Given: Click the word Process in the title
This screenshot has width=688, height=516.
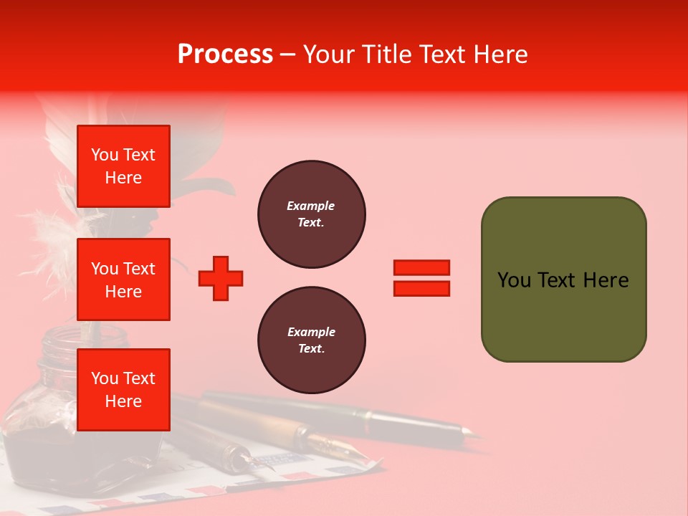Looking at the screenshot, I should click(x=225, y=54).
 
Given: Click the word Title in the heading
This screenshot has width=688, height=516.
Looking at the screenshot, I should click(x=385, y=54).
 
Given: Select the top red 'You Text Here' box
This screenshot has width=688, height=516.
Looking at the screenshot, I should click(x=123, y=166).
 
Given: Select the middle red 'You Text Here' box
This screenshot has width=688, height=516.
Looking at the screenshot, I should click(x=123, y=279).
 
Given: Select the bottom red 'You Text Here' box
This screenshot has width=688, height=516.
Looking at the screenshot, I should click(x=123, y=389).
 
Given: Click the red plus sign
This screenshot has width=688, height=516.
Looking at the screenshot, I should click(x=221, y=278).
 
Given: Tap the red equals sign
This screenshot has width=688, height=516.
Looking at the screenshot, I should click(x=421, y=278).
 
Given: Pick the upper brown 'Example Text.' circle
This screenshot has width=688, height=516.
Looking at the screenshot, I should click(x=311, y=214).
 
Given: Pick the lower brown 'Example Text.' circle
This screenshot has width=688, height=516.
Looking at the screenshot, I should click(x=311, y=340).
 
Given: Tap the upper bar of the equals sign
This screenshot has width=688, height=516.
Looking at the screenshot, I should click(x=421, y=268).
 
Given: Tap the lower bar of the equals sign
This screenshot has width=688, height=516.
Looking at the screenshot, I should click(x=421, y=288).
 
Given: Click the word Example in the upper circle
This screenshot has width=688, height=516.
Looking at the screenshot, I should click(x=310, y=206).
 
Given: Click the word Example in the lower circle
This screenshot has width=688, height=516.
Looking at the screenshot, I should click(x=311, y=332).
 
